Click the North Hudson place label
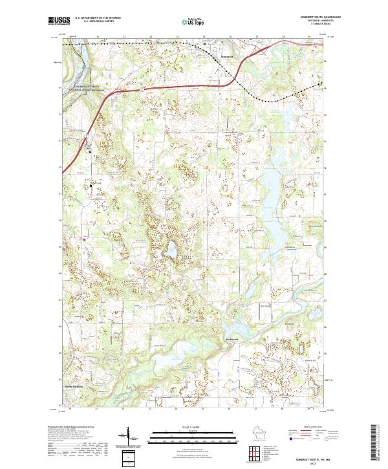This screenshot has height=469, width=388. coord(74,387)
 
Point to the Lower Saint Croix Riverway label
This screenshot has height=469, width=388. coord(88,89)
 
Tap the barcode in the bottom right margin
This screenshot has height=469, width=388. coord(374,442)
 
